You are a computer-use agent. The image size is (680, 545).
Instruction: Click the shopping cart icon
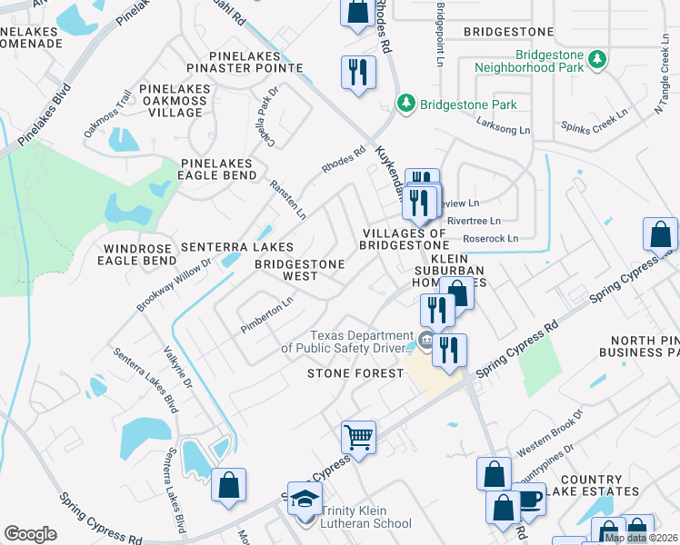coord(359,437)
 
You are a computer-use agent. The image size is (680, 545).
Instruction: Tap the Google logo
coord(30,534)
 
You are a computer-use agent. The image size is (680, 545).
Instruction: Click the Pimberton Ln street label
coord(266,313)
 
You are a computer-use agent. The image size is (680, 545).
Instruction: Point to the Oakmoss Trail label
coord(108,123)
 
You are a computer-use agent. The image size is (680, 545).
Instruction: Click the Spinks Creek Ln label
coord(595,125)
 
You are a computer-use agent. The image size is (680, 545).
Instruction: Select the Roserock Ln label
coord(490,238)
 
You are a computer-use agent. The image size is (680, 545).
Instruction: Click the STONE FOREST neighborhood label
coord(355,373)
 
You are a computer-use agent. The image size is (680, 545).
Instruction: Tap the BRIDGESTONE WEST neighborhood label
coord(299,270)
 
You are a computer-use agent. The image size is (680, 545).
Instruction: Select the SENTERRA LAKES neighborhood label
coord(236,247)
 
